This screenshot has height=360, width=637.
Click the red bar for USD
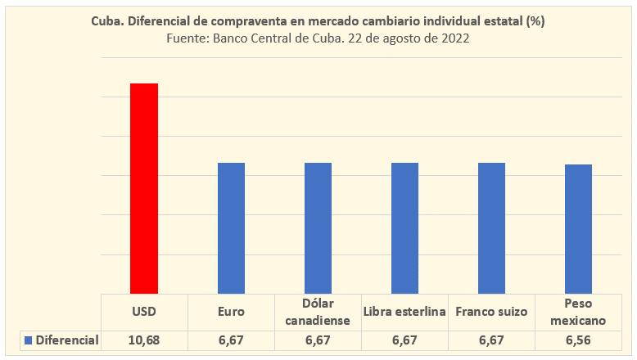tap(144, 187)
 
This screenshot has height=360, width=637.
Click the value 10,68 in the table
tap(144, 340)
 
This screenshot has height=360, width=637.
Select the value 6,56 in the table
tap(578, 340)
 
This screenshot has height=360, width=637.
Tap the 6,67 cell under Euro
tap(231, 340)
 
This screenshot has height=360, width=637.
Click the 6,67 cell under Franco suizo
tap(491, 340)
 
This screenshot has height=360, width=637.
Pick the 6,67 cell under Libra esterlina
tap(404, 340)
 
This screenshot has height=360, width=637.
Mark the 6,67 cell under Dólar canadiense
tap(318, 340)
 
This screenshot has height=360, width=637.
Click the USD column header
tap(144, 312)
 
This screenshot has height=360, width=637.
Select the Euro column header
tap(231, 312)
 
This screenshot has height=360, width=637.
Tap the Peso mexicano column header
tap(578, 312)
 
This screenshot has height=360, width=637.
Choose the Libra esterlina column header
tap(404, 312)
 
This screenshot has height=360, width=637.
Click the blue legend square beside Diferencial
tap(29, 340)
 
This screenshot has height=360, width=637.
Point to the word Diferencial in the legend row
tap(67, 340)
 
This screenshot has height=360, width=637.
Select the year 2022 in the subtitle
tap(454, 38)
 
